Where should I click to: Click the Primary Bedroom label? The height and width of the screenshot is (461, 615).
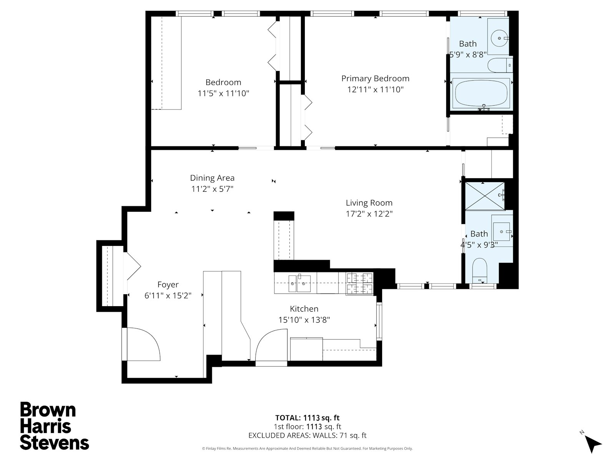click(375, 79)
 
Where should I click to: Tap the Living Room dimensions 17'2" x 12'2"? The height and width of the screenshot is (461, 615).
click(369, 214)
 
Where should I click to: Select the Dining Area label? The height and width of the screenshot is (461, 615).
click(212, 178)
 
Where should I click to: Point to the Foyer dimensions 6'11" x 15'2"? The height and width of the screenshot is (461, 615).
click(168, 295)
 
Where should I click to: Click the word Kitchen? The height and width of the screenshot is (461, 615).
click(304, 309)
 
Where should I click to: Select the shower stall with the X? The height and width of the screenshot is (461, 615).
click(485, 196)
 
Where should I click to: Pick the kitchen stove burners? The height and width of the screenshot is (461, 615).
click(360, 284)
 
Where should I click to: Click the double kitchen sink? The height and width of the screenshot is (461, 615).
click(299, 284)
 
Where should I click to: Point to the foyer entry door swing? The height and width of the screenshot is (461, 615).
click(143, 344)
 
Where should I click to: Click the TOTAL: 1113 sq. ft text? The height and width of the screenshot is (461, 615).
click(307, 418)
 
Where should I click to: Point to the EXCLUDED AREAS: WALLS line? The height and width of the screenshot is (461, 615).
click(307, 435)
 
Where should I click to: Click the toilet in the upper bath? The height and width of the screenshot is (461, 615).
click(500, 65)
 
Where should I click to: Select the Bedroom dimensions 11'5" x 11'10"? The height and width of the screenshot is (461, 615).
click(223, 93)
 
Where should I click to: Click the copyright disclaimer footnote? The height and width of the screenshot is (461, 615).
click(307, 448)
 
